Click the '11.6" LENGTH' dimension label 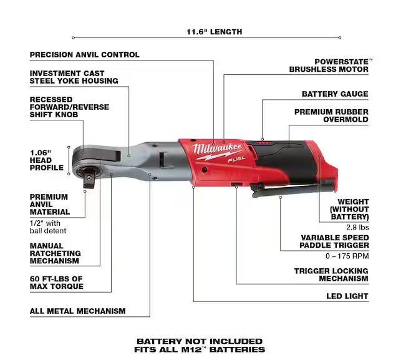[x=215, y=32]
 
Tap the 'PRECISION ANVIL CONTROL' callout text [x=84, y=55]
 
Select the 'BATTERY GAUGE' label [x=335, y=94]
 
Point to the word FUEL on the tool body [x=236, y=160]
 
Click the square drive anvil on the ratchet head [x=89, y=181]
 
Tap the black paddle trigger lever [x=292, y=188]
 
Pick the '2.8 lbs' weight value [x=357, y=227]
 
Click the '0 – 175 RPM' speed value [x=347, y=256]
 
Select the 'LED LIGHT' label [x=347, y=296]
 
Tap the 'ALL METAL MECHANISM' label [x=77, y=311]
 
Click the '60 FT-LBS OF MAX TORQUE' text [x=56, y=283]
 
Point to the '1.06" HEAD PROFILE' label [x=46, y=160]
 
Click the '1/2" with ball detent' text [x=48, y=227]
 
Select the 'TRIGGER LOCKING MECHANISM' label [x=331, y=275]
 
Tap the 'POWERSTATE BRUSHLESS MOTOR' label [x=329, y=66]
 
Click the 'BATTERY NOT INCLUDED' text [x=200, y=341]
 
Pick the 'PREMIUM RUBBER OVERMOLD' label [x=331, y=115]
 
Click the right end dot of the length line [x=339, y=37]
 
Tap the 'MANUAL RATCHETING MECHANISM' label [x=55, y=253]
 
